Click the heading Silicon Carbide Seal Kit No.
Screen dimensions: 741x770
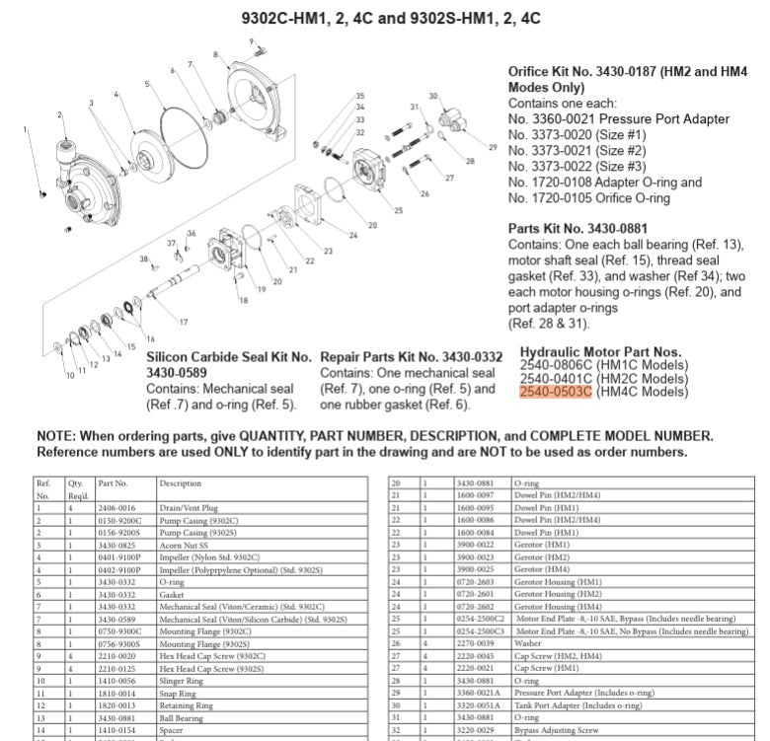[229, 357]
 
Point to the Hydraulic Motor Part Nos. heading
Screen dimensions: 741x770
[600, 351]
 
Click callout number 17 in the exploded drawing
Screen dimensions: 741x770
[184, 323]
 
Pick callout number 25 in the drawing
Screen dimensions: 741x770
[398, 210]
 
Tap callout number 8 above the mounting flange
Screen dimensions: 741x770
[215, 53]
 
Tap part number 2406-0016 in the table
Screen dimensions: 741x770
[116, 507]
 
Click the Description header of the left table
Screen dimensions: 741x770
[181, 483]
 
